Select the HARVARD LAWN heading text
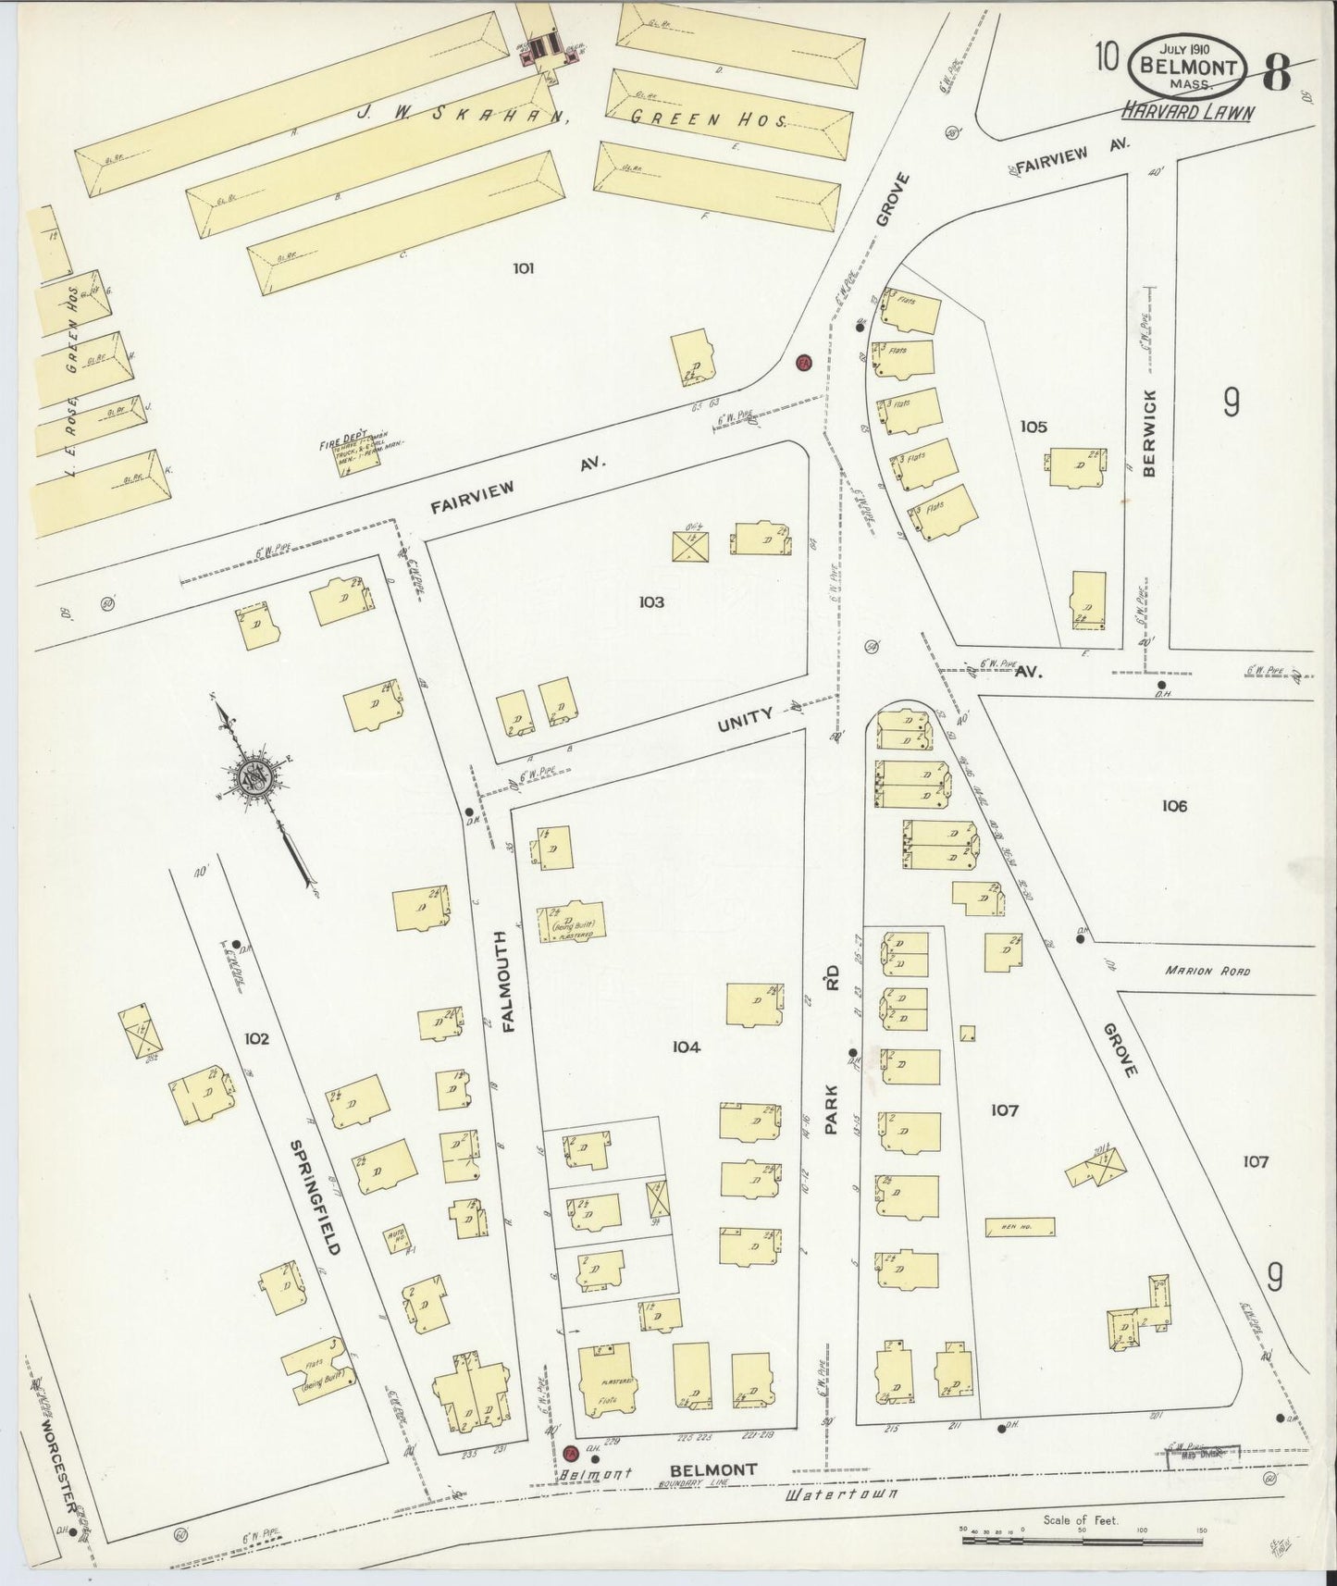point(1188,112)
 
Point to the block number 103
point(650,602)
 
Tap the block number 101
point(523,269)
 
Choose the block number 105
point(1034,427)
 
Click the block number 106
point(1174,806)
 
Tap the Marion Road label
point(1207,971)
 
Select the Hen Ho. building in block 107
point(1020,1227)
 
